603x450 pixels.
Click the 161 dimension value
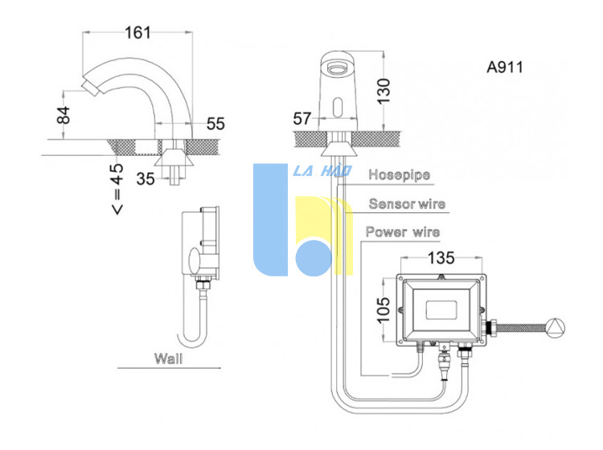pyautogui.click(x=137, y=33)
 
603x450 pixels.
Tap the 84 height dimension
pyautogui.click(x=64, y=115)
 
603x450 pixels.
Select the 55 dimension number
pyautogui.click(x=215, y=124)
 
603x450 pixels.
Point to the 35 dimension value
pyautogui.click(x=146, y=178)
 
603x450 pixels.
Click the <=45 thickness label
pyautogui.click(x=117, y=189)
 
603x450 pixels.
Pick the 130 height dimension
pyautogui.click(x=384, y=91)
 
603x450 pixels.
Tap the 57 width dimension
pyautogui.click(x=301, y=118)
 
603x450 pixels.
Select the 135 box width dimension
pyautogui.click(x=441, y=258)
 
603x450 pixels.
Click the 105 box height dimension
pyautogui.click(x=383, y=309)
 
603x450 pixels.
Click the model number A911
pyautogui.click(x=505, y=67)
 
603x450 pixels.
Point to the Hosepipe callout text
pyautogui.click(x=399, y=175)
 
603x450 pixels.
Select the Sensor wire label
pyautogui.click(x=407, y=203)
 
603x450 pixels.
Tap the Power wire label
pyautogui.click(x=403, y=232)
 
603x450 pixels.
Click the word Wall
pyautogui.click(x=169, y=358)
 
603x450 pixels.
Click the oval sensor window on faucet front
pyautogui.click(x=338, y=107)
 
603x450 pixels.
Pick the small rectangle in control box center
pyautogui.click(x=441, y=309)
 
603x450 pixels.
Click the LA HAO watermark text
pyautogui.click(x=322, y=171)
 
